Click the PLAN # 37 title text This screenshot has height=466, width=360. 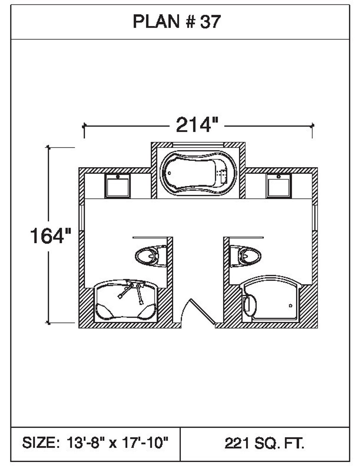pos(176,22)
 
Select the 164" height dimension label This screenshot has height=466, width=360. pos(51,236)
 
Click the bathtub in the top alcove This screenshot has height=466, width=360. pos(198,173)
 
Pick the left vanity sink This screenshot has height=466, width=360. pos(118,186)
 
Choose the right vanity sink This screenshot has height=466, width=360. pos(279,186)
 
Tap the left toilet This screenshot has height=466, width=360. pos(151,256)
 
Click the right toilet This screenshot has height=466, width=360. pos(246,256)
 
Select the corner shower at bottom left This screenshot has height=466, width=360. pos(126,301)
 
